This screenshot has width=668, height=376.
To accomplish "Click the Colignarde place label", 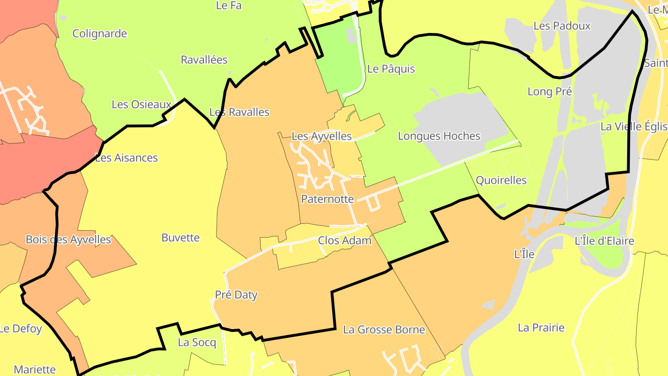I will coord(100,34).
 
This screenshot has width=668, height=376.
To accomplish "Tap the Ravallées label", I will coord(204,60).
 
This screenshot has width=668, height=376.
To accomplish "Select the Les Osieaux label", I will coord(141,104).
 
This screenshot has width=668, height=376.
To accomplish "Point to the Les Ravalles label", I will coord(239,112).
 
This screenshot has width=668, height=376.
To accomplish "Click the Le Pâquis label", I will coord(391,69).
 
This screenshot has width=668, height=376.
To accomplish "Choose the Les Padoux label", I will coord(562,26).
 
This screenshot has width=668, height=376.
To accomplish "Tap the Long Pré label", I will coord(550,92).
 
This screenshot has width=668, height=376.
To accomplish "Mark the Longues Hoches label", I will coord(439,136).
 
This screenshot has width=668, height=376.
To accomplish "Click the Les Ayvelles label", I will coord(321,136).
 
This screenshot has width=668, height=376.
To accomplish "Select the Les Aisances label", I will coord(127,158).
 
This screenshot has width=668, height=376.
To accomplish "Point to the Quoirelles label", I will coord(501,181).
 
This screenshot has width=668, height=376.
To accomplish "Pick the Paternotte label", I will coord(328,199).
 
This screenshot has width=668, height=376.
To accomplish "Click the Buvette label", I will coord(180,238).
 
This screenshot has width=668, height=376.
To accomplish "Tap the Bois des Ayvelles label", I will coord(68,240).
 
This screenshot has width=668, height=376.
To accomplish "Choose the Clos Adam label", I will coord(345,240).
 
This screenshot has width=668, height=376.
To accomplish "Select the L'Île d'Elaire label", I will coord(604,241).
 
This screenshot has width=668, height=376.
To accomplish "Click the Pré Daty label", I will coord(236,295).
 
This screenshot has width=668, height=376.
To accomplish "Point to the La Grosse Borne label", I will coord(384,330).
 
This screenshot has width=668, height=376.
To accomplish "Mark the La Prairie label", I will coord(541,328).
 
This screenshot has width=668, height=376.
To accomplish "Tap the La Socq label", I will coord(197,343).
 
